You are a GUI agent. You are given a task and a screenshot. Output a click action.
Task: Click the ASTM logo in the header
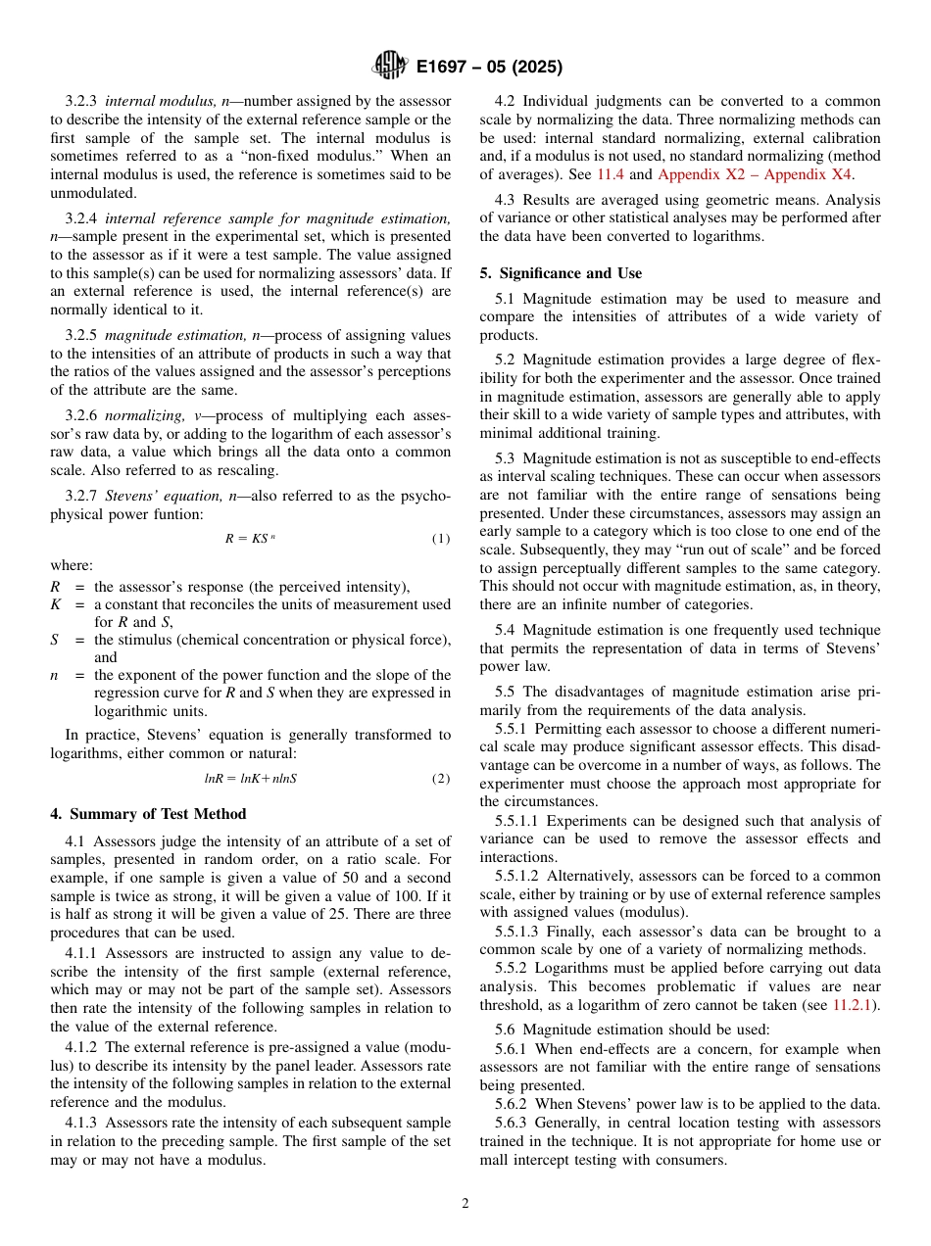click(390, 67)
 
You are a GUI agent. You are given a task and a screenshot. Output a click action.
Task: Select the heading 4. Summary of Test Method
click(148, 813)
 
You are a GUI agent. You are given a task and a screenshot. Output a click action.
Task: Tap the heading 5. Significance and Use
click(561, 273)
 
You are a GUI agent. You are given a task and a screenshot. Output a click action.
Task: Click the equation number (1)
click(441, 539)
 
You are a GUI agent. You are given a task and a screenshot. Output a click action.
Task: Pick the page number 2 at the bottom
click(465, 1204)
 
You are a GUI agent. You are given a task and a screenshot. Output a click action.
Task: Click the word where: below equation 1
click(72, 565)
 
